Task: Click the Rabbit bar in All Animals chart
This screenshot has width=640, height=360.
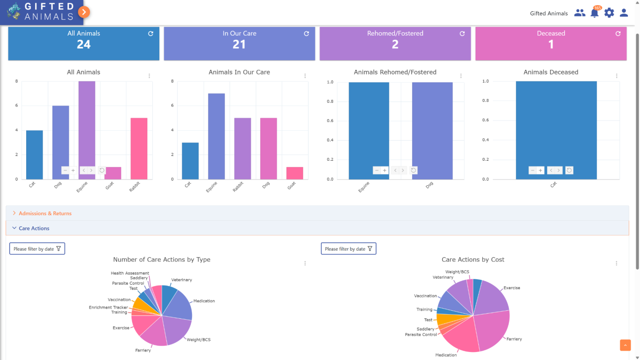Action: tap(139, 148)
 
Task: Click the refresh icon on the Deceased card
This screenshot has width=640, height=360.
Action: tap(618, 34)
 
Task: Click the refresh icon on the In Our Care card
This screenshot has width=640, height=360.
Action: tap(306, 34)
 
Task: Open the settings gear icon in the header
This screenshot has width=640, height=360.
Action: tap(609, 13)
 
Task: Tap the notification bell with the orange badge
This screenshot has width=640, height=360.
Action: tap(595, 13)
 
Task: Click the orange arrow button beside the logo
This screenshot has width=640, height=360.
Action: tap(84, 12)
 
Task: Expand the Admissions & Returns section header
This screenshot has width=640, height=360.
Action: tap(45, 213)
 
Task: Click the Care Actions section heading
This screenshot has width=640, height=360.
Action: tap(34, 228)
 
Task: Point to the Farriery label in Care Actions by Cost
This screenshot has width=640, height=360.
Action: tap(514, 339)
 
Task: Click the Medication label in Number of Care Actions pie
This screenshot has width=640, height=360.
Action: tap(204, 301)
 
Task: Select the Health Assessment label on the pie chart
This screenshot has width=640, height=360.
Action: tap(130, 273)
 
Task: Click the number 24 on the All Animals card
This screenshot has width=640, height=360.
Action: tap(84, 45)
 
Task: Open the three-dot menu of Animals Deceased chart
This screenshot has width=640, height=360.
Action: tap(617, 76)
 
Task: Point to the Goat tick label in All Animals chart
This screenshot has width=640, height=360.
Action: tap(109, 186)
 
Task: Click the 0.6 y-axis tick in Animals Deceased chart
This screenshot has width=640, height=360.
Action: tap(485, 120)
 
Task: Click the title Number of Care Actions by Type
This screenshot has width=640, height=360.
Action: tap(162, 260)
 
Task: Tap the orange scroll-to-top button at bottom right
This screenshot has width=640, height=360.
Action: tap(625, 345)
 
